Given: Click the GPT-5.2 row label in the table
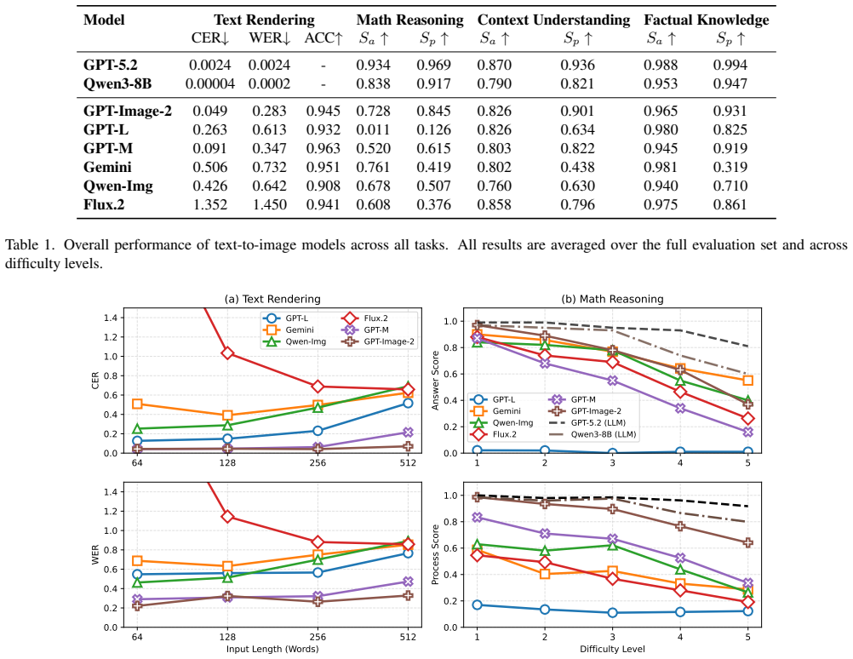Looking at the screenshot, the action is (111, 65).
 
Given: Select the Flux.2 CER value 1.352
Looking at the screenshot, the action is (210, 204).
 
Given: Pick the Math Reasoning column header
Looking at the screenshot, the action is (410, 20).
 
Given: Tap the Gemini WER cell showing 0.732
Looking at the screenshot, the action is (269, 167).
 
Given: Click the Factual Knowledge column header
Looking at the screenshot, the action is (707, 20).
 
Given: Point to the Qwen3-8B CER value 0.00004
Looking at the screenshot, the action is (210, 83).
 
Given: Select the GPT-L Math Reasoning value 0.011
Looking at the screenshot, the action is (373, 129).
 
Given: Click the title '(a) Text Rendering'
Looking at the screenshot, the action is (272, 299).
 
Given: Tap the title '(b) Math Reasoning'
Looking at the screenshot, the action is (613, 299).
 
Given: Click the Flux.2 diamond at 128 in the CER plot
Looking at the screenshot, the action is (227, 353).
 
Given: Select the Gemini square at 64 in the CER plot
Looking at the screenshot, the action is (137, 404).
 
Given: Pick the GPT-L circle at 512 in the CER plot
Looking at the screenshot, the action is (408, 404).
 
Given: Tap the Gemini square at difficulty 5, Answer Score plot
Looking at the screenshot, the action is (748, 381).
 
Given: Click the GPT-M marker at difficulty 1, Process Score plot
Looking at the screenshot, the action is (477, 518).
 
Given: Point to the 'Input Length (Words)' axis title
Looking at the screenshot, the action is (272, 649).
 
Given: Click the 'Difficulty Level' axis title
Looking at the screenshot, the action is (613, 649).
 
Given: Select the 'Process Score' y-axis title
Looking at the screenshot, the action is (435, 554).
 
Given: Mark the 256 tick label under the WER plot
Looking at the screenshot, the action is (318, 637).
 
